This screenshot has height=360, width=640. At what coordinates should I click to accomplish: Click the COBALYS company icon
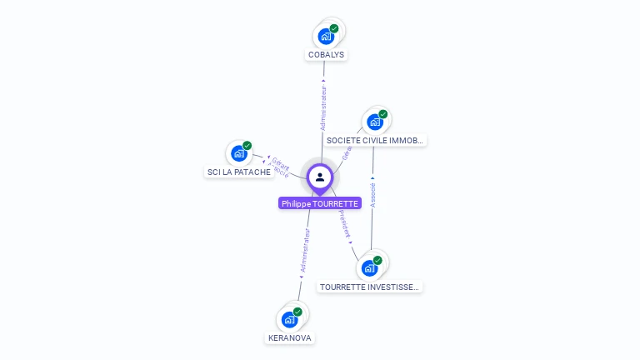pyautogui.click(x=325, y=37)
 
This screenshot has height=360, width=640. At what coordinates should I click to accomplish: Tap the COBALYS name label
pyautogui.click(x=326, y=55)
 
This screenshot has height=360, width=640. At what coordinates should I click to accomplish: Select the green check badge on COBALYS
pyautogui.click(x=334, y=28)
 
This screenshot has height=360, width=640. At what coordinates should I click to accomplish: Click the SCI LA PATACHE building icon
pyautogui.click(x=239, y=154)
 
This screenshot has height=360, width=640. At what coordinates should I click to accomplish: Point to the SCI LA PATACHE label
pyautogui.click(x=239, y=172)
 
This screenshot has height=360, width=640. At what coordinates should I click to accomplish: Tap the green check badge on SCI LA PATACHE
pyautogui.click(x=247, y=146)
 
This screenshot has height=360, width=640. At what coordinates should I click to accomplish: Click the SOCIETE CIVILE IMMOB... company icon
pyautogui.click(x=375, y=122)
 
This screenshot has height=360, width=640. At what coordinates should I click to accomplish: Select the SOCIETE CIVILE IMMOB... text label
pyautogui.click(x=375, y=141)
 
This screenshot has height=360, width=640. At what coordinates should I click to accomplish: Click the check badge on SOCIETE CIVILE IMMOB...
pyautogui.click(x=383, y=114)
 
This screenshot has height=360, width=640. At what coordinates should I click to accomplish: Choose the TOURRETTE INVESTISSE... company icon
pyautogui.click(x=369, y=268)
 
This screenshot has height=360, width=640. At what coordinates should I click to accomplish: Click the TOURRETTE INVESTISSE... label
pyautogui.click(x=370, y=287)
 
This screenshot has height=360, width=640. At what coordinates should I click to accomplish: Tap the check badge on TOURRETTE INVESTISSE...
pyautogui.click(x=377, y=261)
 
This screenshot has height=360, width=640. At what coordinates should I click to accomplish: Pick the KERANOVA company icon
pyautogui.click(x=289, y=319)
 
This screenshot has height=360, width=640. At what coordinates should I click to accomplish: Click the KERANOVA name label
pyautogui.click(x=290, y=338)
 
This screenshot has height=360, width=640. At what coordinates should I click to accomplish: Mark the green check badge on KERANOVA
pyautogui.click(x=297, y=312)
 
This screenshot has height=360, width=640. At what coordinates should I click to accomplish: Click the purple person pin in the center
pyautogui.click(x=320, y=177)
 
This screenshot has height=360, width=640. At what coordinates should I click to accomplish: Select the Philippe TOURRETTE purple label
pyautogui.click(x=320, y=204)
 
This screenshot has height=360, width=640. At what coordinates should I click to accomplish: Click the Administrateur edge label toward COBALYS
pyautogui.click(x=323, y=106)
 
